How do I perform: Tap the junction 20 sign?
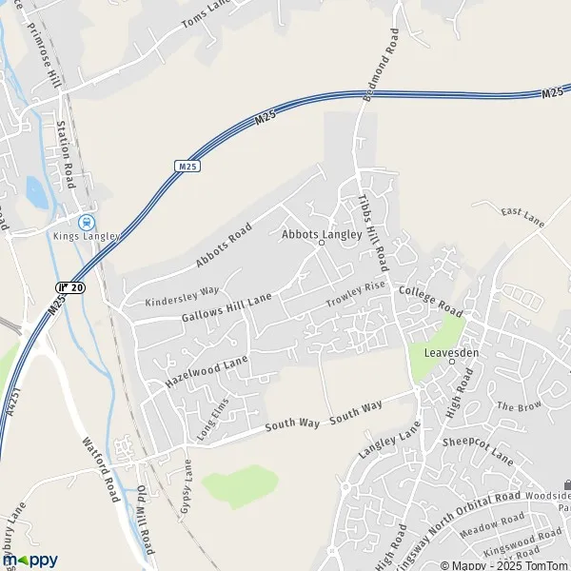click(70, 287)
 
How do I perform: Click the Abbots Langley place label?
click(322, 233)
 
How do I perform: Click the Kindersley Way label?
click(182, 295)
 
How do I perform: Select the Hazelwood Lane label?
click(207, 371)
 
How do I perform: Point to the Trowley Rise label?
click(356, 294)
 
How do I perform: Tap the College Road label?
click(430, 300)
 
